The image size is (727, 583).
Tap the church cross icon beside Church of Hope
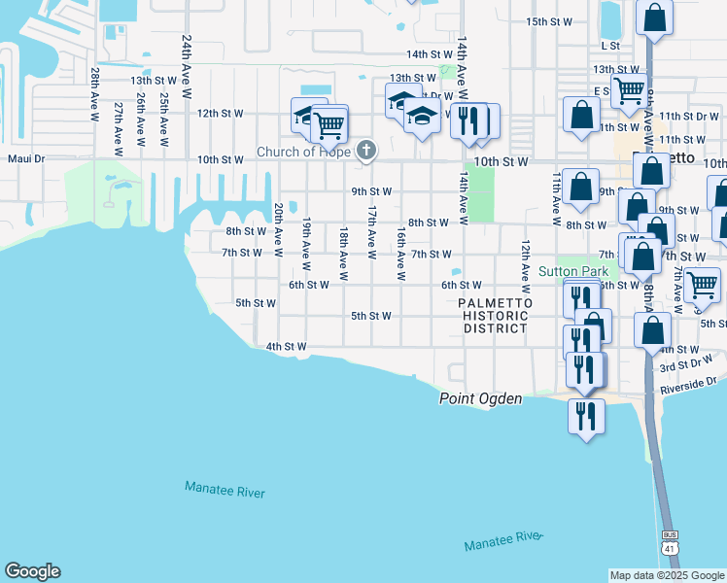pos(365,150)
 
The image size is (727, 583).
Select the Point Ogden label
pos(480,398)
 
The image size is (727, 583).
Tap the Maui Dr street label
pos(26,158)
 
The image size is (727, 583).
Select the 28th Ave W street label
pos(94,94)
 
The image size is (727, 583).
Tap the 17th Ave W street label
pos(371,231)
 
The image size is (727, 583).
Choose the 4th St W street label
pos(286,346)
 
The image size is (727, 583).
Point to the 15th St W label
pos(547,21)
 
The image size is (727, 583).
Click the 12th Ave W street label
pos(525,266)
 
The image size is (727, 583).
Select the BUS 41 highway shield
pos(669,541)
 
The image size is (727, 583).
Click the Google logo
pos(32,571)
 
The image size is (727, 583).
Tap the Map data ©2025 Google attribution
pos(667,575)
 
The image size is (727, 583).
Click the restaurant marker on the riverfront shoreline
pos(586,415)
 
